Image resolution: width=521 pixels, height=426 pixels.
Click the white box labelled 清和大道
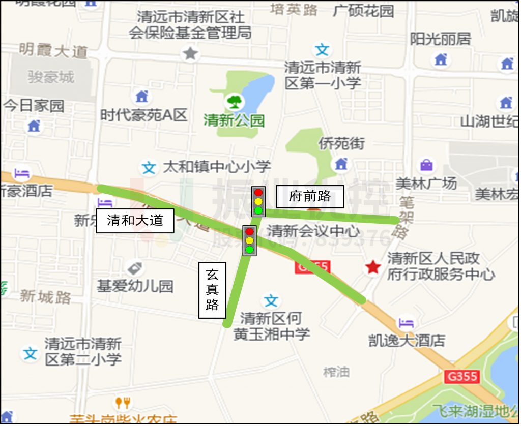click(135, 221)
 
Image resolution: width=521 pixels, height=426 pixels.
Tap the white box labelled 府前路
click(310, 197)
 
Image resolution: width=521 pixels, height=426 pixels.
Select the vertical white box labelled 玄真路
click(212, 290)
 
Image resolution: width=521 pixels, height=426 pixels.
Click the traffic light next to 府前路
click(258, 201)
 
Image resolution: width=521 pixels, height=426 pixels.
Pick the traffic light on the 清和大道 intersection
click(249, 240)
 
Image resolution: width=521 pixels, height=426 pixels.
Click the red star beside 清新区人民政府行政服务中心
click(373, 267)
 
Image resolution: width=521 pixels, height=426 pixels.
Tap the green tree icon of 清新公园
click(235, 100)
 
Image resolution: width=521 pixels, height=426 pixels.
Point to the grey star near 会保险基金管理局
click(190, 53)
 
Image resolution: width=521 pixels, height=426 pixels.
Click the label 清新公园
click(234, 120)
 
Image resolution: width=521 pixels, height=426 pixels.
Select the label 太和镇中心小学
click(217, 166)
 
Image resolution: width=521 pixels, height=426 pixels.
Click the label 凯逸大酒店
click(407, 340)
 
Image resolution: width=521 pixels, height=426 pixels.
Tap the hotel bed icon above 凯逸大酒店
click(406, 322)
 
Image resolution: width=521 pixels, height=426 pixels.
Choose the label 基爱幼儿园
click(135, 286)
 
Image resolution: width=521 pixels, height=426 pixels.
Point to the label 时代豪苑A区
click(144, 115)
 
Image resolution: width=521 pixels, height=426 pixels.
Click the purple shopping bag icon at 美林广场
click(426, 165)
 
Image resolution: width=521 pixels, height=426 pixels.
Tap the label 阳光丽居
click(441, 39)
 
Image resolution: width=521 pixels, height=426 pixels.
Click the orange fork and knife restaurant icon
click(122, 403)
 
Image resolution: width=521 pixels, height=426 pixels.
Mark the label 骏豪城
click(51, 77)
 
